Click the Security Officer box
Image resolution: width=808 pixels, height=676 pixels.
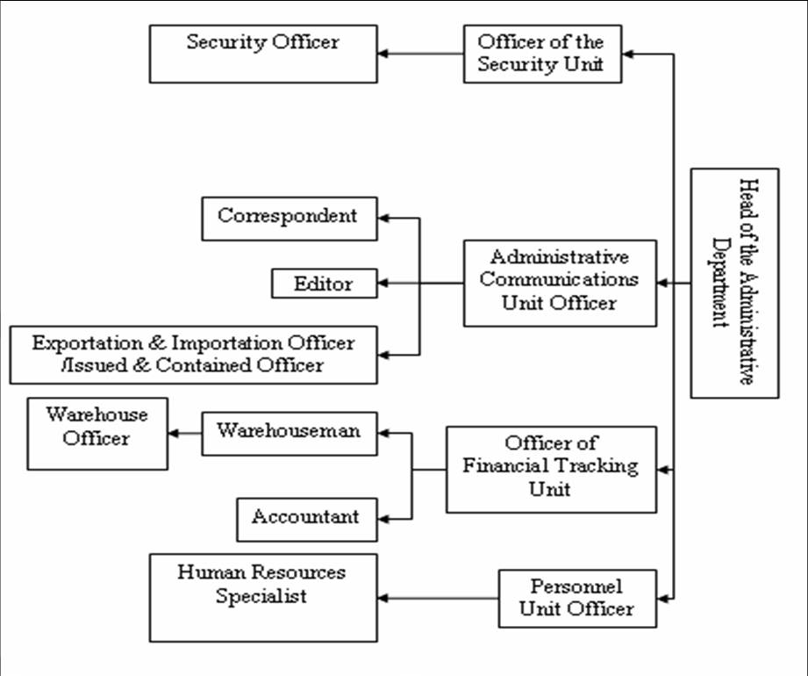click(x=263, y=54)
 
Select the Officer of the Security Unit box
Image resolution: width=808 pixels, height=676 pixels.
click(x=543, y=54)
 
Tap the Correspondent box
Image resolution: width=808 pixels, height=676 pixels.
click(x=290, y=219)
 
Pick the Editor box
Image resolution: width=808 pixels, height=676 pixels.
click(x=325, y=283)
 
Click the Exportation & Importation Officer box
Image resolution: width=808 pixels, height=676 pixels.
click(x=193, y=355)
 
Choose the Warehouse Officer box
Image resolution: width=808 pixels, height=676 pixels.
click(x=97, y=434)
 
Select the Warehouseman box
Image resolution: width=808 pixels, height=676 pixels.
click(x=290, y=434)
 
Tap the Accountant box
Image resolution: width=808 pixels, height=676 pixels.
click(x=307, y=520)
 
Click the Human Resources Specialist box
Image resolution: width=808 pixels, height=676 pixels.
click(x=263, y=598)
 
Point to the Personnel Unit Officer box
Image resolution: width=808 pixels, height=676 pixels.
click(x=577, y=599)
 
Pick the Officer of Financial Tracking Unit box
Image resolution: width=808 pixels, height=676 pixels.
click(x=551, y=469)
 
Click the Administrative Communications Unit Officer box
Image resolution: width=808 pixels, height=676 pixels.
click(x=560, y=283)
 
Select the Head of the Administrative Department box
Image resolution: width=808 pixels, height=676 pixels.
click(x=735, y=283)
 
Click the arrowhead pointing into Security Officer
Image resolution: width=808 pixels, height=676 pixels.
click(x=383, y=54)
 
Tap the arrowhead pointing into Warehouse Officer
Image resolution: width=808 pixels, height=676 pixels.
click(x=174, y=434)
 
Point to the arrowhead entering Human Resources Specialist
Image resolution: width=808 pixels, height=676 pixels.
click(x=383, y=598)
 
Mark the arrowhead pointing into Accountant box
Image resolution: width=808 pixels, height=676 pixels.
click(x=383, y=519)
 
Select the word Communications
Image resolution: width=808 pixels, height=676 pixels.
click(x=559, y=279)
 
